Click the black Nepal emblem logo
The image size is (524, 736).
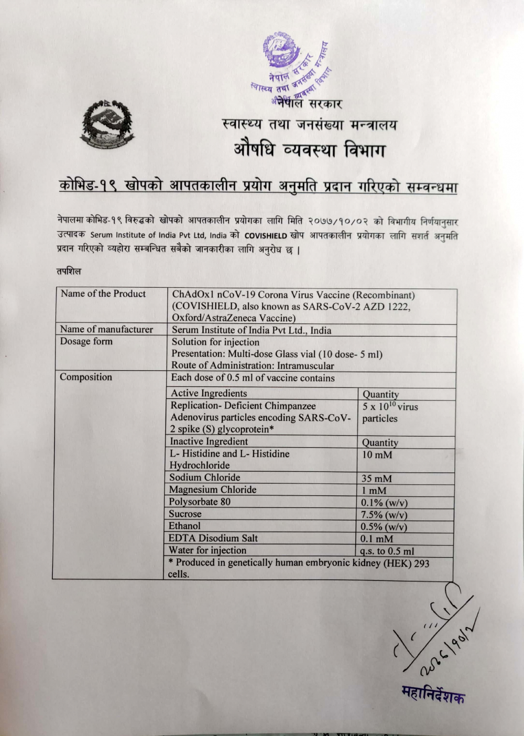coord(107,124)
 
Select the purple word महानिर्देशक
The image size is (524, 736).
coord(433,694)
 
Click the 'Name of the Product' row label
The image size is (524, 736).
coord(103,294)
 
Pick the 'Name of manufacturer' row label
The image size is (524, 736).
coord(106,329)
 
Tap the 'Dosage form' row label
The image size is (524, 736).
coord(86,341)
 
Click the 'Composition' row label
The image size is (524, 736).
coord(86,377)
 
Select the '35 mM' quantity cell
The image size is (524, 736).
coord(376,478)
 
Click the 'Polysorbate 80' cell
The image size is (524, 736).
coord(200,502)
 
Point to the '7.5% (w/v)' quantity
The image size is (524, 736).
coord(384,515)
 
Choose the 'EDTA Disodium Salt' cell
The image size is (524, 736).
coord(213,538)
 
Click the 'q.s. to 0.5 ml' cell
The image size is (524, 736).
coord(387,551)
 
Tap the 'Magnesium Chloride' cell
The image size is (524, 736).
coord(213,490)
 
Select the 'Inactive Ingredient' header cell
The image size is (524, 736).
coord(209,441)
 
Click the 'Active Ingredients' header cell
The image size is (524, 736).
coord(209,393)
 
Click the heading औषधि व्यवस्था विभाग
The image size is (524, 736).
coord(309,151)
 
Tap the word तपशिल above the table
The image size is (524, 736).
coord(69,272)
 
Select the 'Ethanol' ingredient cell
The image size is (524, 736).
coord(184,526)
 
